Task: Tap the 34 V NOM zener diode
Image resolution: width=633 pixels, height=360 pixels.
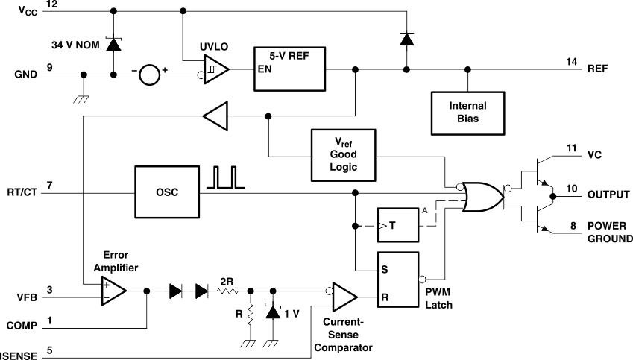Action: (x=113, y=42)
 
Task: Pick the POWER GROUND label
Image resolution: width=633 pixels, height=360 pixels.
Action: (x=609, y=232)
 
